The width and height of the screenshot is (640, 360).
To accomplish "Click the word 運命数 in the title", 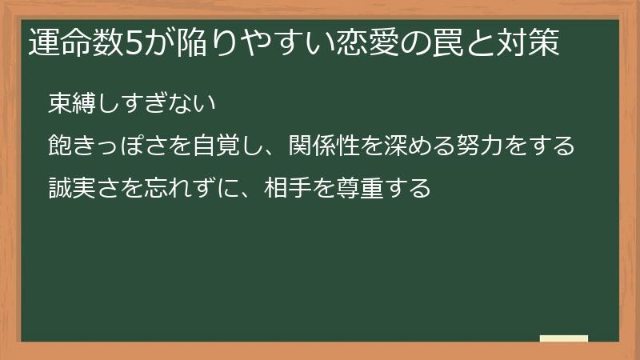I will tap(77, 45).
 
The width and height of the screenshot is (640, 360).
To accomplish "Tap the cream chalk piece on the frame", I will tap(564, 338).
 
